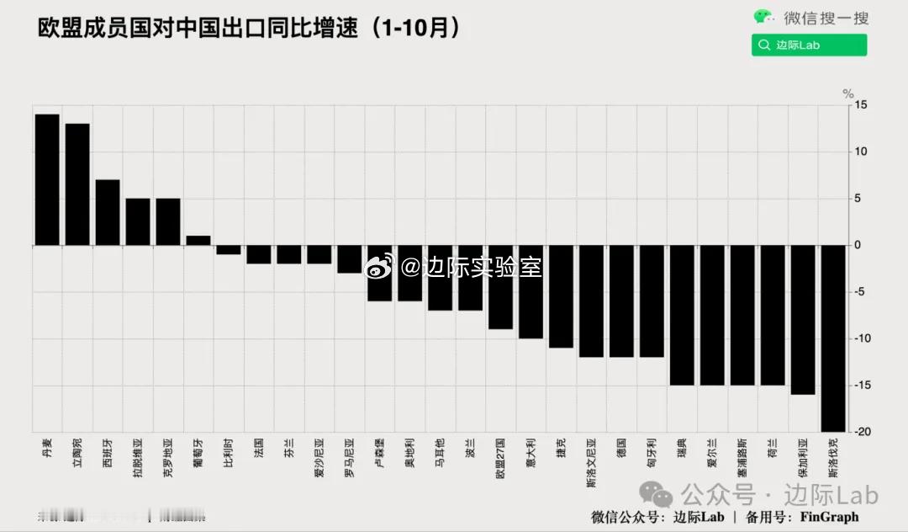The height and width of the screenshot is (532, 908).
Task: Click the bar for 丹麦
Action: coord(47,179)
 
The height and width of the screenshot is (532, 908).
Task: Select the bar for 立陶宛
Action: coord(77,184)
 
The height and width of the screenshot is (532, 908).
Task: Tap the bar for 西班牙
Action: coord(108,212)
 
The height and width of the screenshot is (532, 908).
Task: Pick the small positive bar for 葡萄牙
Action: coord(198,241)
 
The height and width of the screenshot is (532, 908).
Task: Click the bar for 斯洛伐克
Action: coord(833,338)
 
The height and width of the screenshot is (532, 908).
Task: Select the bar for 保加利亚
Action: coord(803,320)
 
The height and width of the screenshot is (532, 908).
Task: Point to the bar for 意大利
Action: coord(531,292)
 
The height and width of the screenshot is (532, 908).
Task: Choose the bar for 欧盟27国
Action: coord(500,287)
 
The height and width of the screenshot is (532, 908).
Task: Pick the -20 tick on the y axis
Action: coord(861,432)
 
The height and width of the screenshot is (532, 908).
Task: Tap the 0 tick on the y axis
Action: coord(858,245)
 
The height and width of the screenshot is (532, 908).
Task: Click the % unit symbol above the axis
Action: coord(848,93)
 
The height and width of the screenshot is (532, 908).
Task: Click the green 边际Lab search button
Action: coord(809,45)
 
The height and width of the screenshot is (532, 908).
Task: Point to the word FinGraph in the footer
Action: coord(829,516)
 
